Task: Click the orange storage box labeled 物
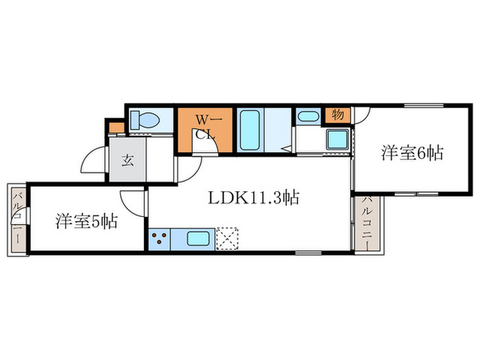337,115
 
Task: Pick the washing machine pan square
337,140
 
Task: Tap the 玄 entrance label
128,163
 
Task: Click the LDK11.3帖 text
253,199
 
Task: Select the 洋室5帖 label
86,221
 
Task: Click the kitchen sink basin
198,239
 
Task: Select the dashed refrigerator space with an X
226,238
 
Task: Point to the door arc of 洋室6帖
362,117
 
